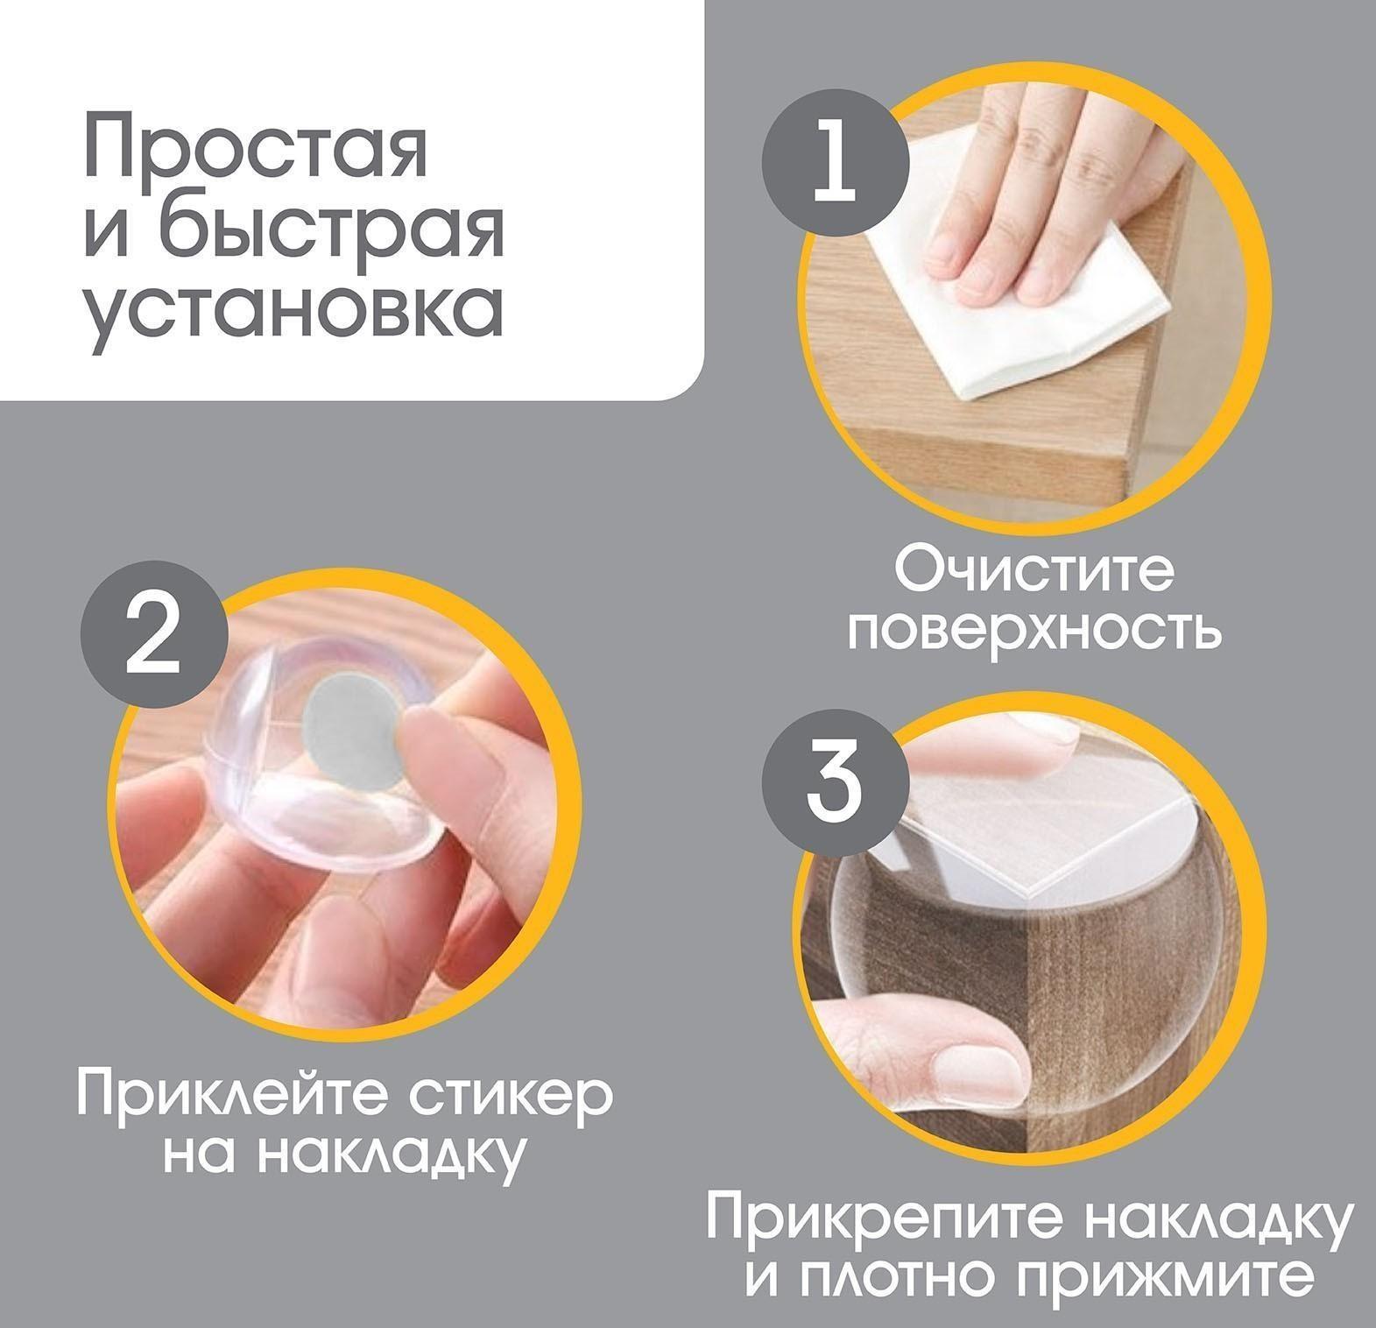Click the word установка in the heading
tap(293, 311)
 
